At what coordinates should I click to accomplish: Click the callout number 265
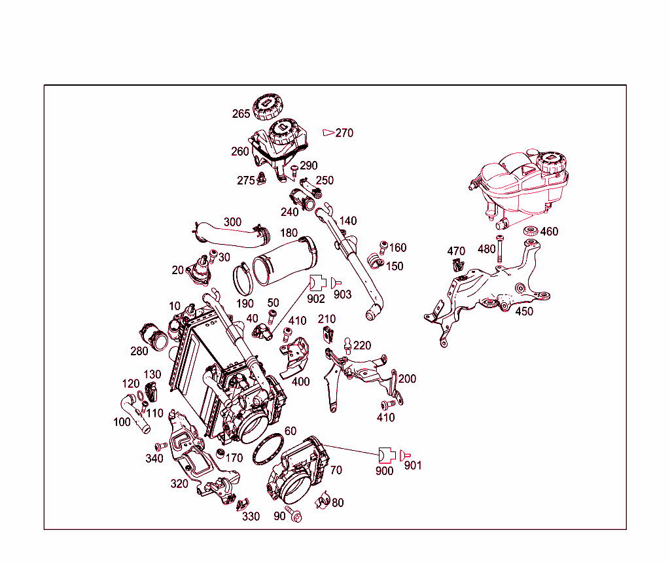click(241, 114)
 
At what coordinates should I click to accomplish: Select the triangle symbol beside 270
click(328, 133)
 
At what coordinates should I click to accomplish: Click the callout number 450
click(524, 311)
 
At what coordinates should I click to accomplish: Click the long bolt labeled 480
click(499, 249)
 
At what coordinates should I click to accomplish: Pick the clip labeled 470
click(457, 265)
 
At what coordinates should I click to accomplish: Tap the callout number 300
click(232, 222)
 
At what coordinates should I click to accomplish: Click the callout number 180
click(289, 233)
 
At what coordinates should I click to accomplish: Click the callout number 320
click(179, 483)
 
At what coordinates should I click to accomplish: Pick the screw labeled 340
click(161, 446)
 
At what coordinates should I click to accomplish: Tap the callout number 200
click(407, 379)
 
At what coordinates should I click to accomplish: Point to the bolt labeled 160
click(383, 247)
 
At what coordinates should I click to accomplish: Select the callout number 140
click(348, 221)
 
